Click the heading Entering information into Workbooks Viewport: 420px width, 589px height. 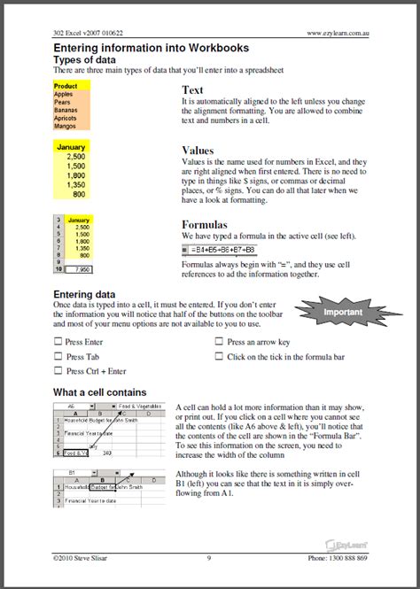151,48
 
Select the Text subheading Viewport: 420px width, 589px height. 192,90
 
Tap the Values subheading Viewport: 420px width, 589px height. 198,151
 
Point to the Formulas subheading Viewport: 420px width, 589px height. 205,225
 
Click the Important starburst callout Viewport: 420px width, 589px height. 343,312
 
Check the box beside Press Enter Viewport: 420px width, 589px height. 58,342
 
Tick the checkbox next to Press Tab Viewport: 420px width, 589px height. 58,356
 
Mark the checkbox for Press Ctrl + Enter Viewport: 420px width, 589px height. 58,371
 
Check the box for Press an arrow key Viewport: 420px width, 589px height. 219,342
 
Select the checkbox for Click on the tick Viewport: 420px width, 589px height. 219,356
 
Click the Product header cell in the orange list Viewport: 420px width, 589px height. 66,86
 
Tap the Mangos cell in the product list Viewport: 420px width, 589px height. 66,126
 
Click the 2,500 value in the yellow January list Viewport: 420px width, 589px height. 75,156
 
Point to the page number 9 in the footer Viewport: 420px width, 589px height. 209,558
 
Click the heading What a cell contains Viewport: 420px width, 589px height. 100,391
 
